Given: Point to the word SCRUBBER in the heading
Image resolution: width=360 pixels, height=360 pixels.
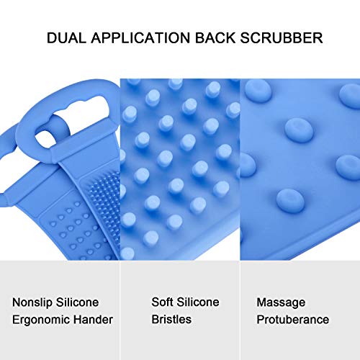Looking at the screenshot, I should click(278, 37).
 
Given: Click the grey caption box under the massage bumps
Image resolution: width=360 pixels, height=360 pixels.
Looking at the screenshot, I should click(300, 310).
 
